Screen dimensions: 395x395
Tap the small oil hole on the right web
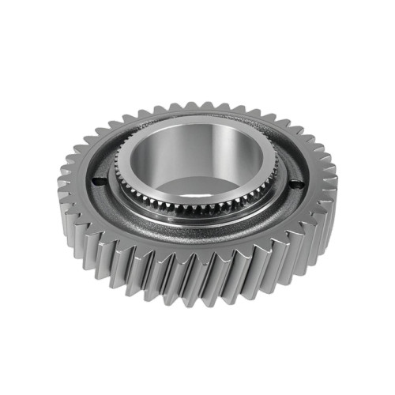[x=297, y=185]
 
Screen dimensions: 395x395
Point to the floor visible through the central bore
[x=205, y=186]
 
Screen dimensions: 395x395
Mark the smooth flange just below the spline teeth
[x=197, y=222]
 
